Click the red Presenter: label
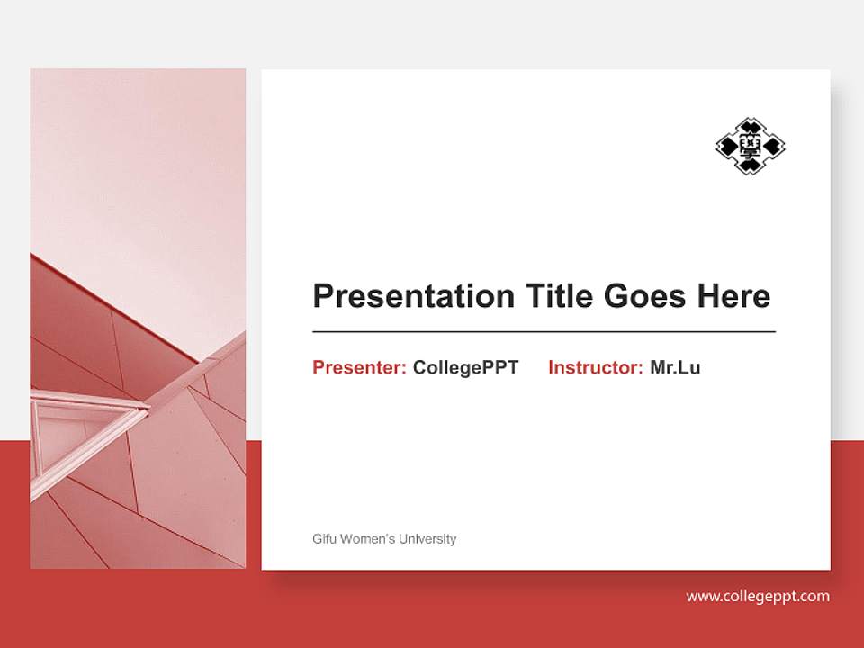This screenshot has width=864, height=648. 359,367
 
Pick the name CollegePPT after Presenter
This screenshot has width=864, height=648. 465,367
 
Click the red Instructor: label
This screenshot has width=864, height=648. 595,367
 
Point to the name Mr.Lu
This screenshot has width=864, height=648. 675,367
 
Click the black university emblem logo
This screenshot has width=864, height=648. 750,146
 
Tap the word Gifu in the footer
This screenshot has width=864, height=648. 323,539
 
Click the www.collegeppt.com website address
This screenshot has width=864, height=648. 758,596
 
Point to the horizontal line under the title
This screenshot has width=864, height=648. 544,332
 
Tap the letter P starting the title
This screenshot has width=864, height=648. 321,296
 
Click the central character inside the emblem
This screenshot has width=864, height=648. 750,146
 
